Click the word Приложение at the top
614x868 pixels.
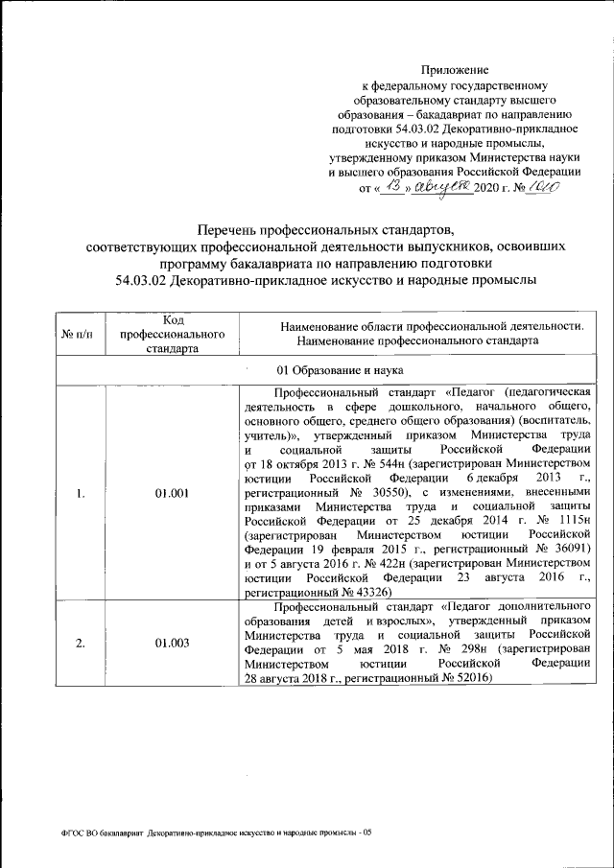tap(457, 71)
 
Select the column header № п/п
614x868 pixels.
tap(77, 334)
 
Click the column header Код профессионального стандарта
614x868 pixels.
tap(172, 334)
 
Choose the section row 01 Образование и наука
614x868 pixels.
tap(326, 369)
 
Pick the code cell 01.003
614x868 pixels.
tap(172, 643)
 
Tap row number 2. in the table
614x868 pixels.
tap(82, 643)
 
